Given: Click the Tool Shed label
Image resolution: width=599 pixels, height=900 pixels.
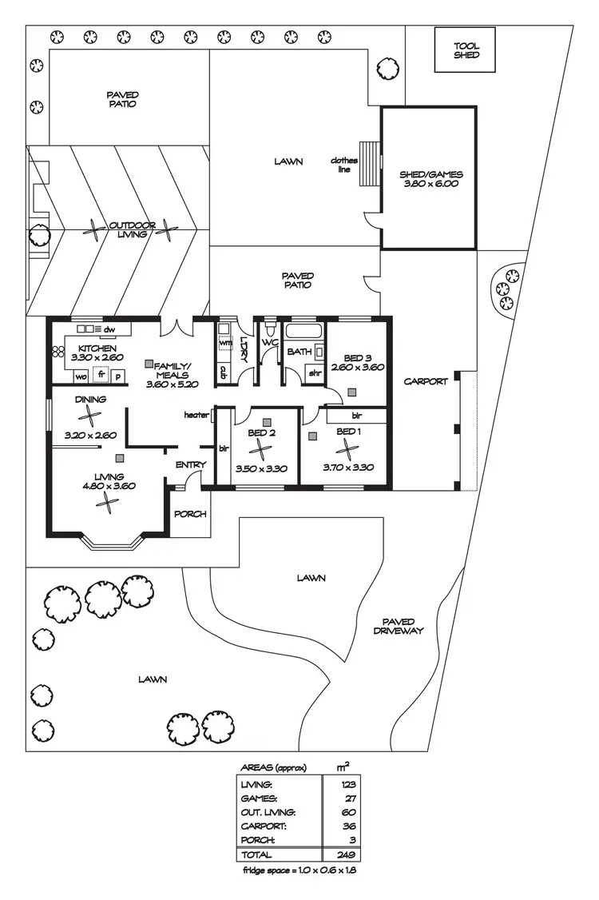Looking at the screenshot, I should pyautogui.click(x=466, y=50).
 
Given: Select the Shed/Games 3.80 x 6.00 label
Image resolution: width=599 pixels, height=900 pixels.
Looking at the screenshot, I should pyautogui.click(x=430, y=179).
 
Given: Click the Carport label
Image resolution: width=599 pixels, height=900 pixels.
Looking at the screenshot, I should pyautogui.click(x=425, y=381).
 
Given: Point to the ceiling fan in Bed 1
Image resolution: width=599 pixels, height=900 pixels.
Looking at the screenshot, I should pyautogui.click(x=348, y=453).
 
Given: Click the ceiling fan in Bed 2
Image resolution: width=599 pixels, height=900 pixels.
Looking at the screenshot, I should pyautogui.click(x=261, y=453).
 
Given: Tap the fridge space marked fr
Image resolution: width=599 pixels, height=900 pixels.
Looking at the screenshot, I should pyautogui.click(x=101, y=375).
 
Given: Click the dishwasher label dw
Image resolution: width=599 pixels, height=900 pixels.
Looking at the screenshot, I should pyautogui.click(x=109, y=329).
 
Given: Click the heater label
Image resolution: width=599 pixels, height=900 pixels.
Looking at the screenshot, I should pyautogui.click(x=196, y=415).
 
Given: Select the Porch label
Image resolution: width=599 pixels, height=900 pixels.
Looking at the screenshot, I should pyautogui.click(x=191, y=514).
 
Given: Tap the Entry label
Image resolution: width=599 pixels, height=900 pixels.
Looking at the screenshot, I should pyautogui.click(x=191, y=464).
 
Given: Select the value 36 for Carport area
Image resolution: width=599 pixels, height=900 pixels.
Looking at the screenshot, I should pyautogui.click(x=348, y=826).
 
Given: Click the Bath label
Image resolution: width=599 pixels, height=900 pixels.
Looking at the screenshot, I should pyautogui.click(x=299, y=351).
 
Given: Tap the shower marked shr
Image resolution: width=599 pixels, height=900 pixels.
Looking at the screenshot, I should pyautogui.click(x=315, y=372).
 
